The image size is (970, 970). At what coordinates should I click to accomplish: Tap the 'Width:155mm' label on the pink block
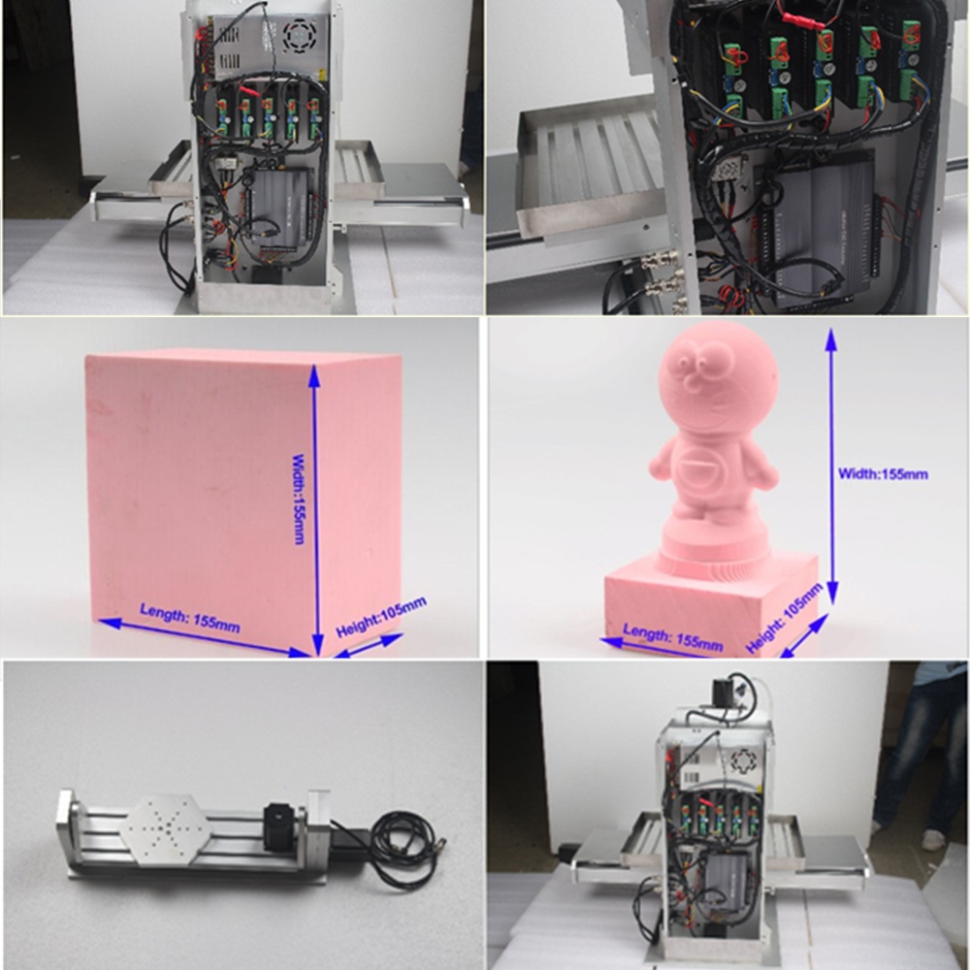[299, 499]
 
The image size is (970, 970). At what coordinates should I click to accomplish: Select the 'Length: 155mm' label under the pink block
[190, 617]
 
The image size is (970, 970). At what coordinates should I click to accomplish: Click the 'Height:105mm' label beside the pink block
[380, 617]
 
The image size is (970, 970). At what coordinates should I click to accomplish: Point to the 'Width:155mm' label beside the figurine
[883, 474]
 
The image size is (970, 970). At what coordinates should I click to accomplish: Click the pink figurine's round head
[718, 376]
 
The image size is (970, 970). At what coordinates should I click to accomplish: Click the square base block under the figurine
[711, 603]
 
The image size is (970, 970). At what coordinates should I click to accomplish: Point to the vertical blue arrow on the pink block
[315, 510]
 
